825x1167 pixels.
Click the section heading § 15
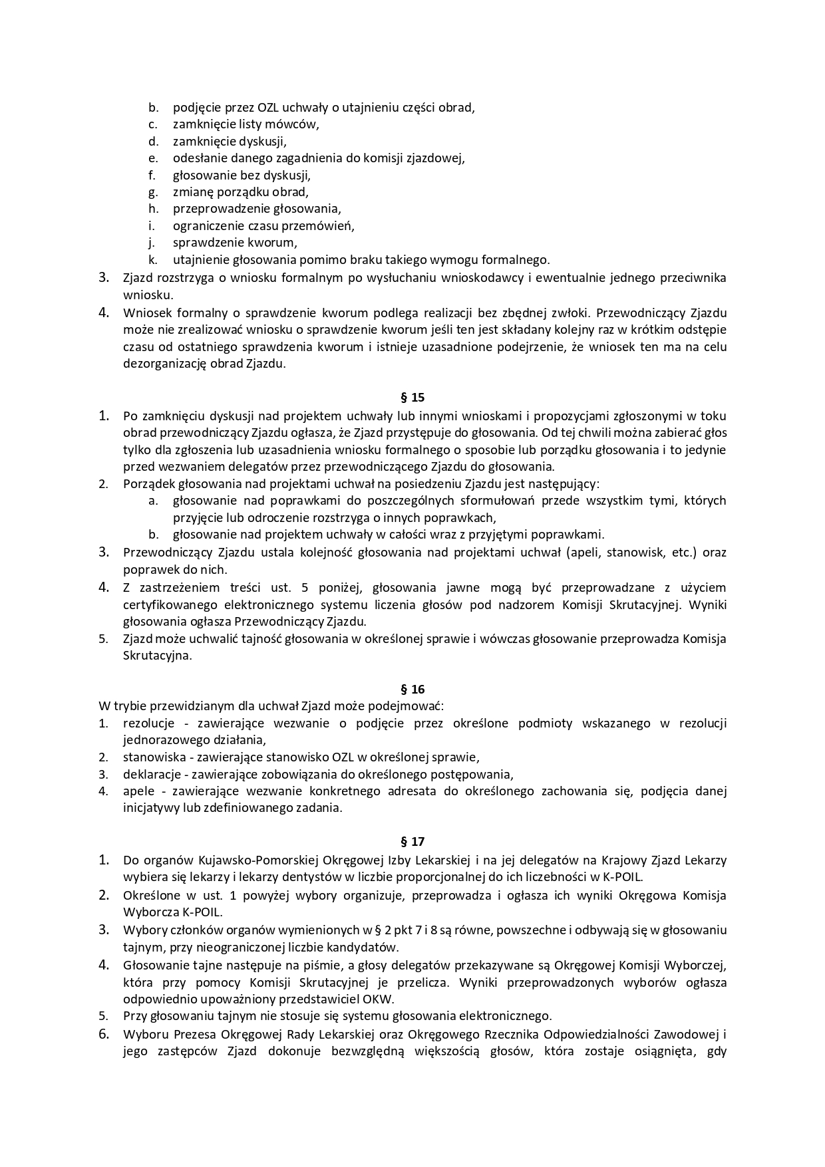click(x=412, y=398)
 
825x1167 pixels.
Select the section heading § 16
click(x=412, y=689)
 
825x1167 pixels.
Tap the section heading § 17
click(x=412, y=842)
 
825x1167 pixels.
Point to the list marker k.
click(x=153, y=260)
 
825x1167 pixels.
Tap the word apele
click(x=138, y=791)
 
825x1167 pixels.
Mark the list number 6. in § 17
click(x=104, y=1033)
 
